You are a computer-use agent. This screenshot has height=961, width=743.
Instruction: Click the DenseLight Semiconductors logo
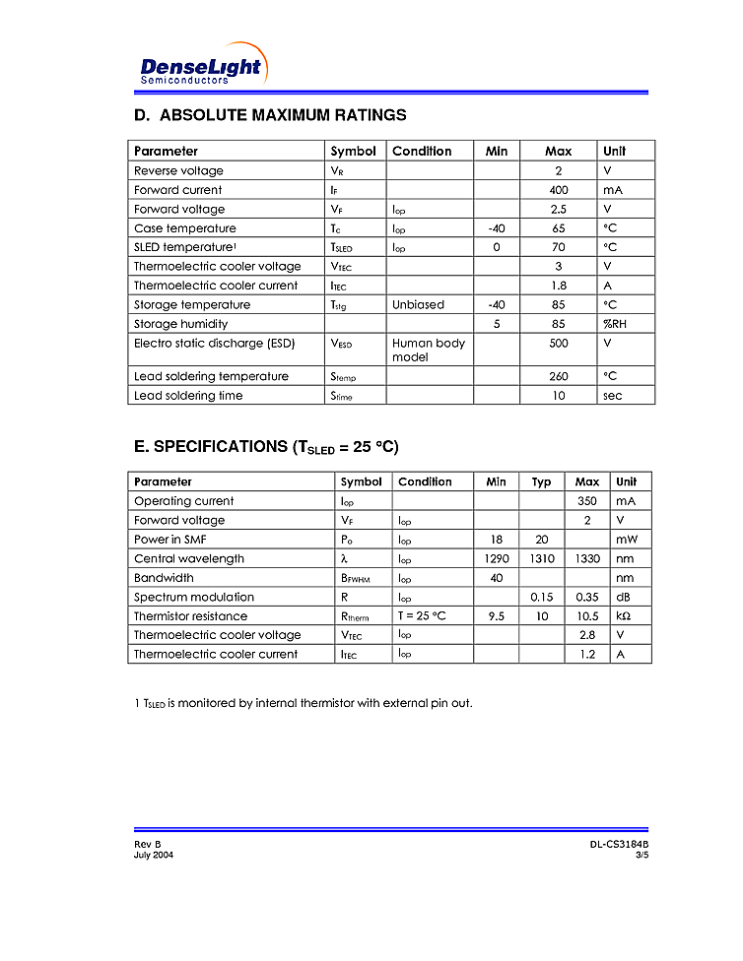tap(201, 67)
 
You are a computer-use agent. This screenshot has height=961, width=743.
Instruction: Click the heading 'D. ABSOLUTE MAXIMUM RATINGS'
tap(270, 115)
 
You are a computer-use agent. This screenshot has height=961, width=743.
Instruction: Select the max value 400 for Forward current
tap(559, 190)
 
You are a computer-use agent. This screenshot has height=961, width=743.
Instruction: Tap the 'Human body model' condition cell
tap(429, 350)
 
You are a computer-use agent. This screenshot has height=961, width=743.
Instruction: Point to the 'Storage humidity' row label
tap(180, 324)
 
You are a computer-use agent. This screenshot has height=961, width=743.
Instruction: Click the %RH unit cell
tap(614, 324)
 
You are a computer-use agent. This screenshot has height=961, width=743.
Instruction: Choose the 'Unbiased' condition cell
tap(418, 305)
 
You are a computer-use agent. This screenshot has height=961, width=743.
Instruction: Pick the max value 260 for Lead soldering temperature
tap(559, 377)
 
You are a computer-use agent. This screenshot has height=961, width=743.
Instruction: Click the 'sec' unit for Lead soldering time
tap(613, 396)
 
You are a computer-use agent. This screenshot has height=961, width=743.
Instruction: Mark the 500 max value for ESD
tap(559, 344)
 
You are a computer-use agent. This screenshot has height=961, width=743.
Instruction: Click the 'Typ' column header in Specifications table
tap(541, 482)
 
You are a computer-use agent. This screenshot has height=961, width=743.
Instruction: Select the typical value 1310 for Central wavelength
tap(541, 559)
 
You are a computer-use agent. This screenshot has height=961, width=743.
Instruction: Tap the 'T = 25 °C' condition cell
tap(422, 616)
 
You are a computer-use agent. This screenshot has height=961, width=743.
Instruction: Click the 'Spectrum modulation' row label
tap(193, 598)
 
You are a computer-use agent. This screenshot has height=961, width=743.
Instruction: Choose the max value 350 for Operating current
tap(587, 501)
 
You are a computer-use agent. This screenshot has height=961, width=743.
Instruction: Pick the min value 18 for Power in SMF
tap(496, 540)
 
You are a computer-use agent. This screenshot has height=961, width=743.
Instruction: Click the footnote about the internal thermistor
tap(303, 704)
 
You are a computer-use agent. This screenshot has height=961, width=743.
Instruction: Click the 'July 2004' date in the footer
tap(154, 856)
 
